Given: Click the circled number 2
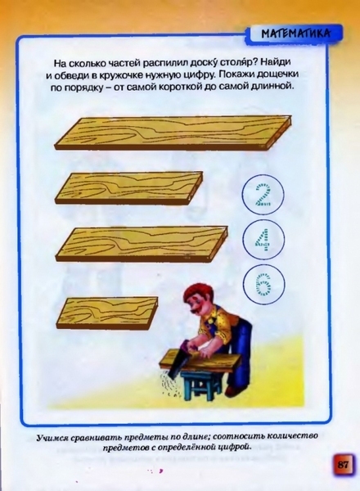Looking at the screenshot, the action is [263, 195].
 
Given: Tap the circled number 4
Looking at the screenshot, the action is [263, 240].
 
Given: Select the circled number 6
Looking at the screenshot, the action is [263, 285].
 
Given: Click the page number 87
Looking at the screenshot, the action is [344, 464].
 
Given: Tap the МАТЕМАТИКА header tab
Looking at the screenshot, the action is [296, 34].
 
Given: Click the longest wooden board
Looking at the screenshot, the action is [173, 133].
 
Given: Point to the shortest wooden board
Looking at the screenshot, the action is [107, 313].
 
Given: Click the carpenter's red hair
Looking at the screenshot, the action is [196, 292].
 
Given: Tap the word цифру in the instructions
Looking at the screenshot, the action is [197, 74].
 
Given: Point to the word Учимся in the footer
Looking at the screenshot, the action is [52, 438].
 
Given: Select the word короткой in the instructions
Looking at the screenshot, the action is [182, 87].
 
